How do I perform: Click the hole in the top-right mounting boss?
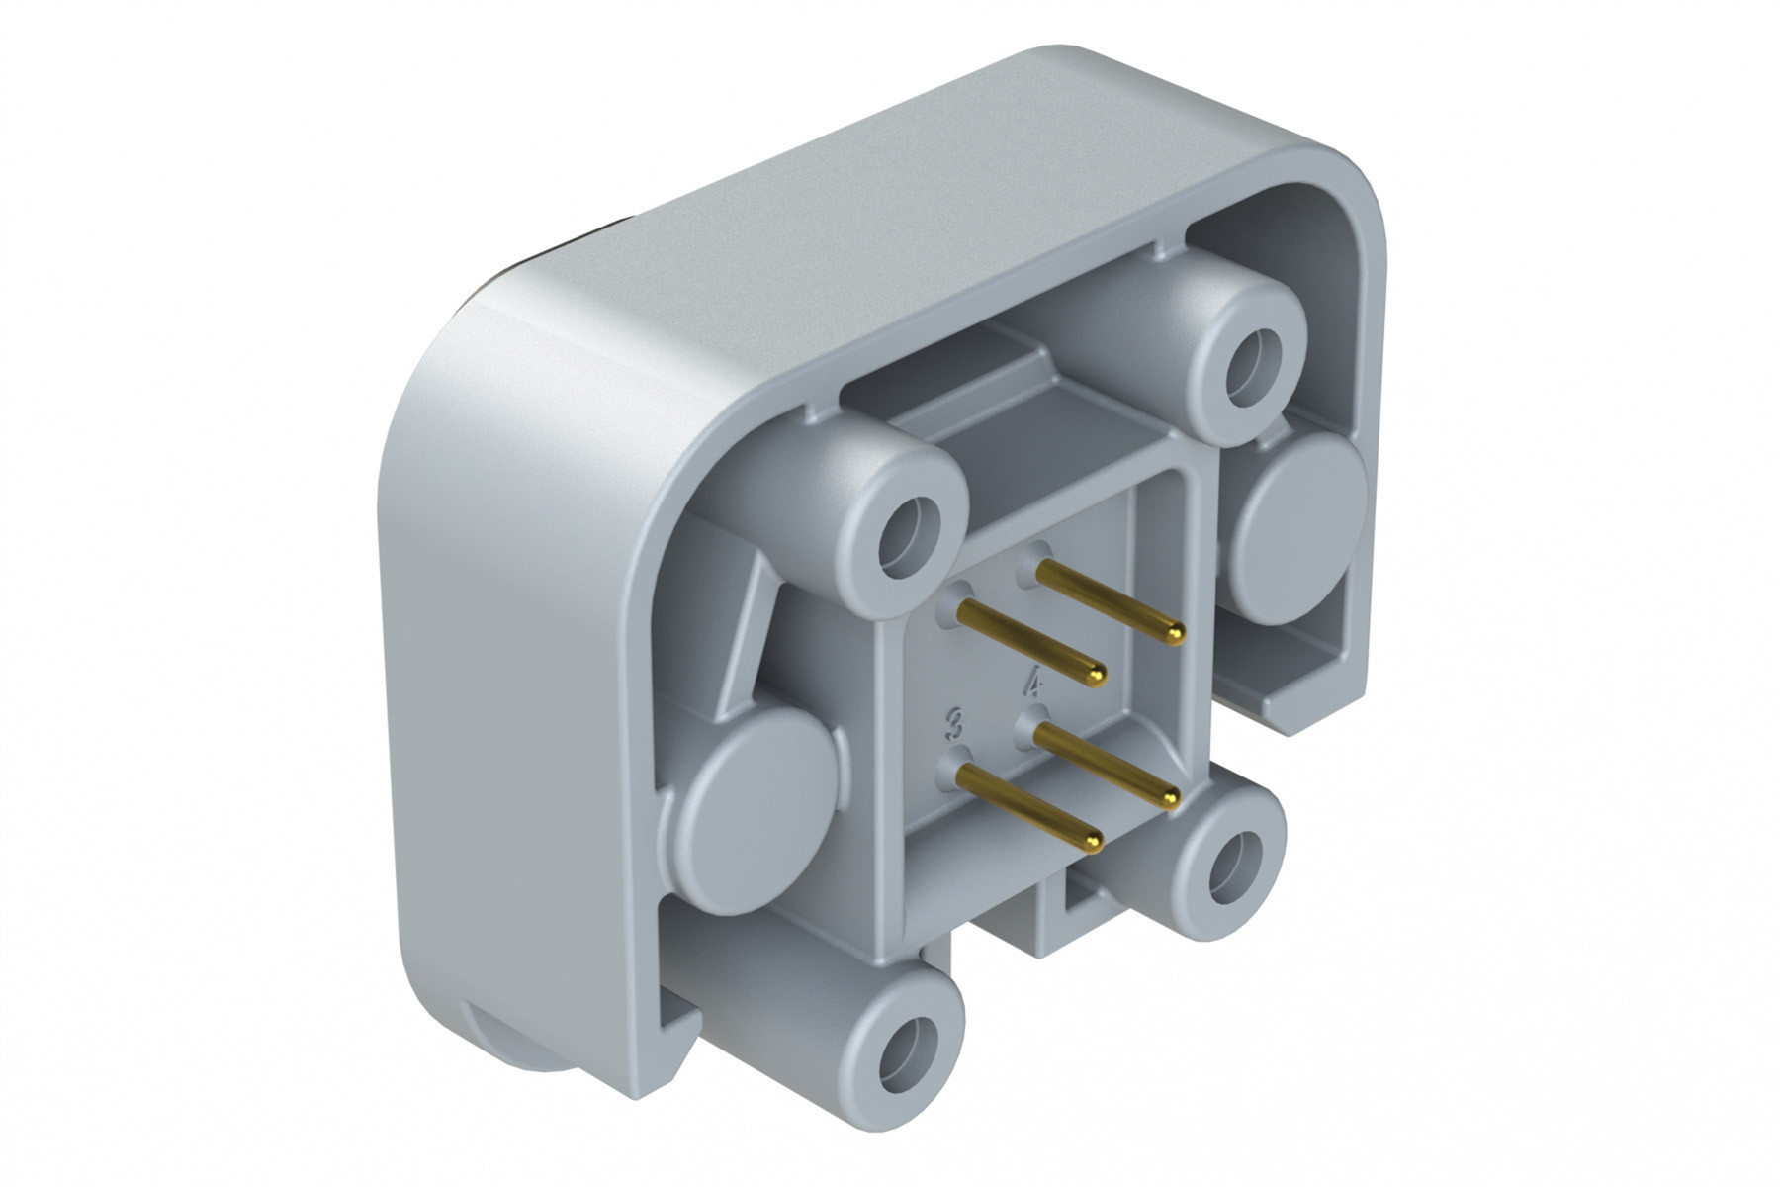[1252, 365]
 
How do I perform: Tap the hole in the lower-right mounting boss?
[1235, 865]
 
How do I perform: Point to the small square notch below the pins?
[1078, 895]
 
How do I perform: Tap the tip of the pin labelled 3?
[1093, 842]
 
